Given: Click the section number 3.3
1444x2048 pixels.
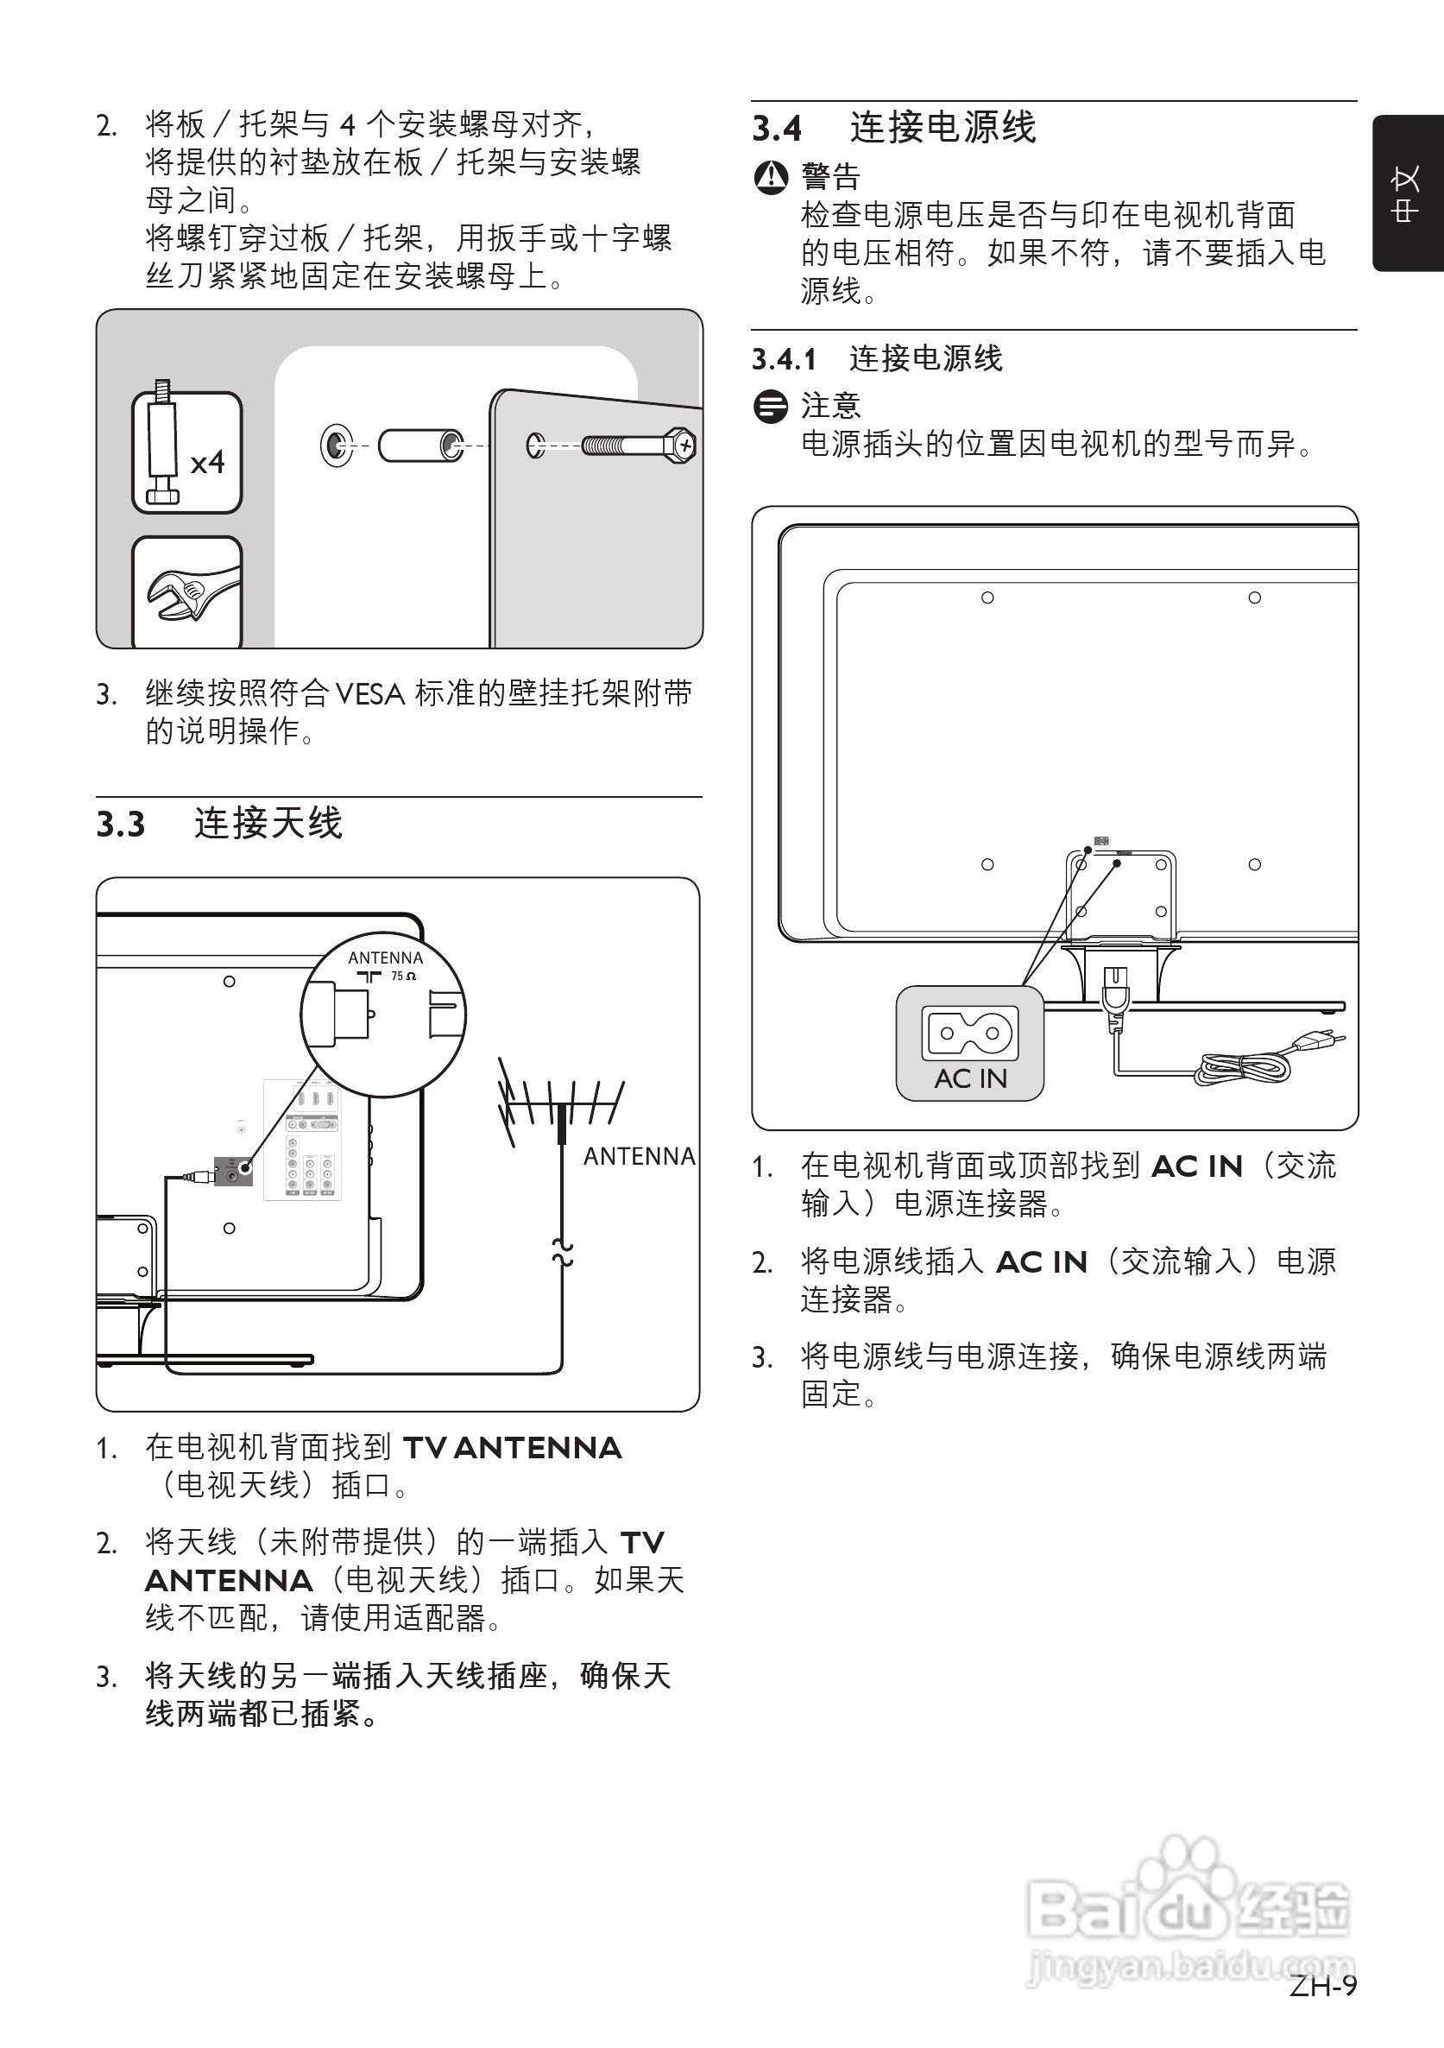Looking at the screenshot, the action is pyautogui.click(x=121, y=825).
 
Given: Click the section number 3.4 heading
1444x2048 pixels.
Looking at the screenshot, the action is pyautogui.click(x=777, y=129).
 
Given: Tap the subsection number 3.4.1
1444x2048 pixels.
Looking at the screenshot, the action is pyautogui.click(x=784, y=359).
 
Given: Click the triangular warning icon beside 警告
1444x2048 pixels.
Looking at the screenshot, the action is pyautogui.click(x=771, y=178).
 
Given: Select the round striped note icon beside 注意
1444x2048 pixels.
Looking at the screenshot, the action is pyautogui.click(x=771, y=407).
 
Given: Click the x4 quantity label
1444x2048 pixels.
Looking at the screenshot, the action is pyautogui.click(x=207, y=462).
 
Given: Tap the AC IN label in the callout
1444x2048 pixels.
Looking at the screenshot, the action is pyautogui.click(x=970, y=1078).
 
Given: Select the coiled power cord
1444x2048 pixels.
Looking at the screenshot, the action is pyautogui.click(x=1245, y=1066).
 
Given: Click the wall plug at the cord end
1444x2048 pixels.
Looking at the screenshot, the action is pyautogui.click(x=1315, y=1040).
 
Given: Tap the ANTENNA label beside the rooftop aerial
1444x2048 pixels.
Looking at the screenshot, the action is pyautogui.click(x=639, y=1156).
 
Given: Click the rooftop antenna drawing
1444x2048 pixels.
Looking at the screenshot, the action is pyautogui.click(x=560, y=1106).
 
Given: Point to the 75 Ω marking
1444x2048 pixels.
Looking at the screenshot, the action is pyautogui.click(x=403, y=976).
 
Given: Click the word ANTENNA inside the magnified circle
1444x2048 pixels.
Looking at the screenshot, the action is pyautogui.click(x=385, y=958).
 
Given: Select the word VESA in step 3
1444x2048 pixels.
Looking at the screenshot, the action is pyautogui.click(x=370, y=694).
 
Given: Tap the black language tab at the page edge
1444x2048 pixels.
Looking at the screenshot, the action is pyautogui.click(x=1408, y=193).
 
